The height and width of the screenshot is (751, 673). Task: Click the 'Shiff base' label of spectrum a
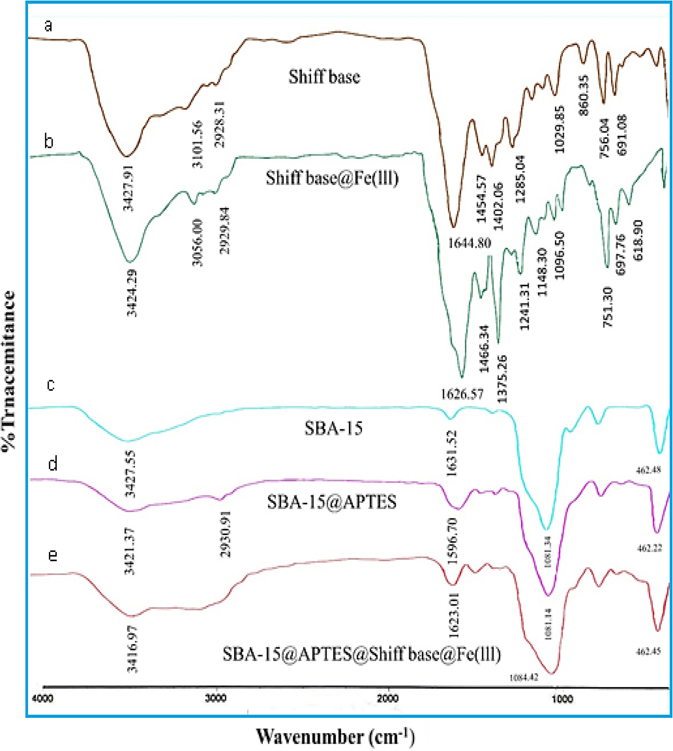324,77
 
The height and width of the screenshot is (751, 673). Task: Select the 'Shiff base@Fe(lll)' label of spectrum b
332,178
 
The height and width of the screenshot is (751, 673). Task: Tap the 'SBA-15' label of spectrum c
333,428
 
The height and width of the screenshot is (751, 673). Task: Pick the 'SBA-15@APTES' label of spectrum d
332,502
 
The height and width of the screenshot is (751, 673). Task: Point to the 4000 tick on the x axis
42,699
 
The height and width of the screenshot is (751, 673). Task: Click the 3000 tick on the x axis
216,699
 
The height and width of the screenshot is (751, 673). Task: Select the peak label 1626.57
462,394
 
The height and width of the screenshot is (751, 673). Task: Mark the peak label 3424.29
132,293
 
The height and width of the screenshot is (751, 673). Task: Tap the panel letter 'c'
51,385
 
